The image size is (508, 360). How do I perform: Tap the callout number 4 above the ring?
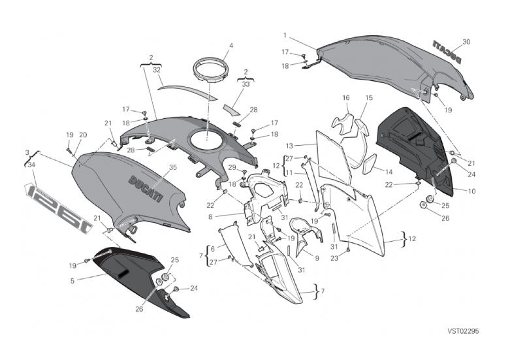[x=230, y=46]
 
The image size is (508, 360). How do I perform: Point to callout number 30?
[x=466, y=42]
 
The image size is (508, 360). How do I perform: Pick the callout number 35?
[x=172, y=167]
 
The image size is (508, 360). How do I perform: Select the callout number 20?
[x=83, y=135]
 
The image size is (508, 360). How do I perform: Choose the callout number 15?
[x=369, y=97]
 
